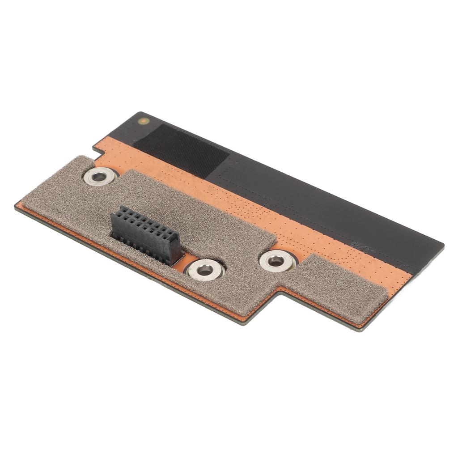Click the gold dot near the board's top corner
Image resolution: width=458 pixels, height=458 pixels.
(x=143, y=121)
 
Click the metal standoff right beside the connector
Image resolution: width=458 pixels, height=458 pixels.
(x=205, y=270)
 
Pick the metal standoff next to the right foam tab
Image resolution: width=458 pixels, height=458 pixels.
(x=276, y=261)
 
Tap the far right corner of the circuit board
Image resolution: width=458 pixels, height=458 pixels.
(x=443, y=246)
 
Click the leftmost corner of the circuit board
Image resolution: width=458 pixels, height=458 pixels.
(x=16, y=206)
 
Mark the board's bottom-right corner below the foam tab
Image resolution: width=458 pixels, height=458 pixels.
(x=363, y=329)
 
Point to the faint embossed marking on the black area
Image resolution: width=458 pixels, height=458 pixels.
(x=358, y=244)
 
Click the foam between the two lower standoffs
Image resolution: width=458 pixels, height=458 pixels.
(x=242, y=268)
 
